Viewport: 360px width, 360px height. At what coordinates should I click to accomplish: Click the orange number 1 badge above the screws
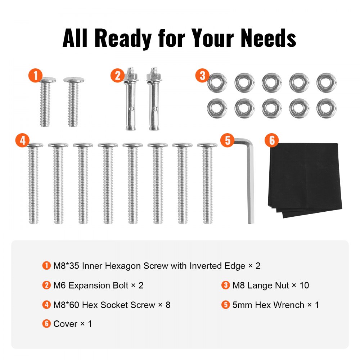[x=35, y=76]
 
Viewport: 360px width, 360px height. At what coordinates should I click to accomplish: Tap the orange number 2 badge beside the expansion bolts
[x=118, y=76]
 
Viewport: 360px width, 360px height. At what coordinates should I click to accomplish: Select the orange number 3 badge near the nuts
[x=203, y=76]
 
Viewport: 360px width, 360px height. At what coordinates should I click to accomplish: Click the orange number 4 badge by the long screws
[x=23, y=140]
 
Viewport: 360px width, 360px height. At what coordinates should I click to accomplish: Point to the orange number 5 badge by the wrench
[x=227, y=140]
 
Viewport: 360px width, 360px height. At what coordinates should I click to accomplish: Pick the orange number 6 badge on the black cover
[x=272, y=140]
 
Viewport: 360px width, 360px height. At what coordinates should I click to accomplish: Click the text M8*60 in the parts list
[x=66, y=305]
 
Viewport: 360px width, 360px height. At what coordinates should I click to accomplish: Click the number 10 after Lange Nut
[x=304, y=285]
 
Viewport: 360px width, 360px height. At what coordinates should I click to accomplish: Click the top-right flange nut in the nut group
[x=326, y=83]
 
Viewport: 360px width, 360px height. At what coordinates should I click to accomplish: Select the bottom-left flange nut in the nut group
[x=217, y=108]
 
